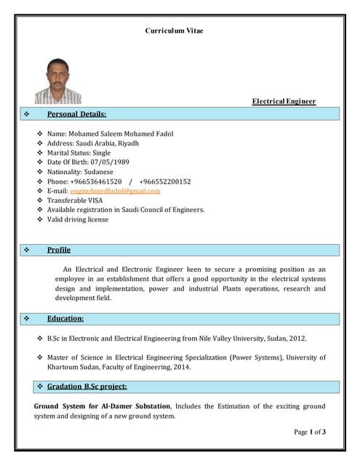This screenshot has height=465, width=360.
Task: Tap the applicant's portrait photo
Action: (x=59, y=81)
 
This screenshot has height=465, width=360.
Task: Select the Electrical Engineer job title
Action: (x=284, y=101)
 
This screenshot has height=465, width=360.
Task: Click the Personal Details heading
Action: (x=76, y=114)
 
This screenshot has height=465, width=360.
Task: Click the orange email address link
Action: (x=115, y=190)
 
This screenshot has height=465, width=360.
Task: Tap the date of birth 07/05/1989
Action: (x=109, y=162)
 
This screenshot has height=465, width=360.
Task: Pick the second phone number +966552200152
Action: (x=165, y=181)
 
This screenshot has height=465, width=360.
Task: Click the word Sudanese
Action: (x=102, y=171)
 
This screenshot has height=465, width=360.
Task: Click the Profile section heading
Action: (x=59, y=250)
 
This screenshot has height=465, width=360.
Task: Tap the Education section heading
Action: (x=65, y=318)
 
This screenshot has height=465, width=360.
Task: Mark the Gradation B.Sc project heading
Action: (x=87, y=386)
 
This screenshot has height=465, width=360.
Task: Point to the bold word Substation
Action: (x=151, y=405)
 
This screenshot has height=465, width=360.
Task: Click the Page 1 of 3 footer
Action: (x=310, y=432)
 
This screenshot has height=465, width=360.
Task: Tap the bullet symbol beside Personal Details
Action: (x=27, y=114)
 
